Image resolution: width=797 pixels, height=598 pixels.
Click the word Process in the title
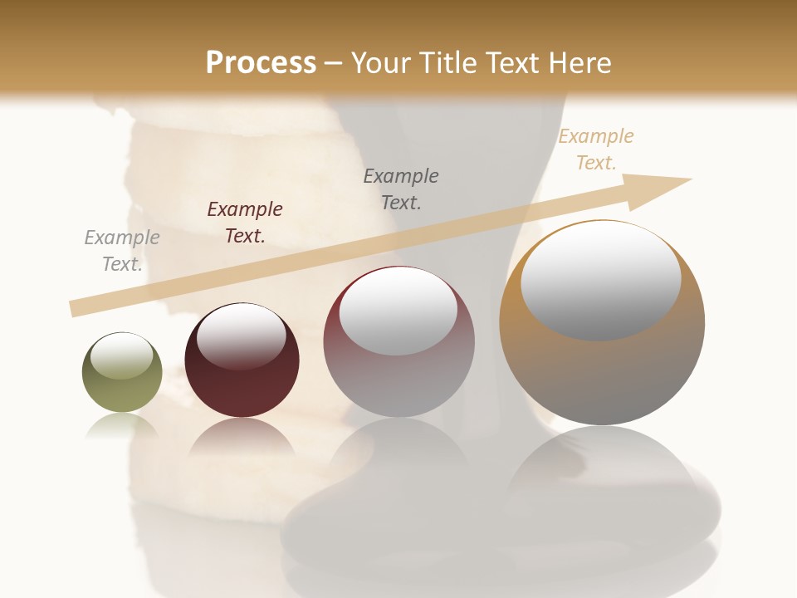click(x=261, y=62)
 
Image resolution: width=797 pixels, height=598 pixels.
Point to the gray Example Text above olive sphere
click(x=122, y=251)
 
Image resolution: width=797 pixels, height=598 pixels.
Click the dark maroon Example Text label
click(x=245, y=223)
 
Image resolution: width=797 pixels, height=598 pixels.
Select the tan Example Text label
click(x=596, y=149)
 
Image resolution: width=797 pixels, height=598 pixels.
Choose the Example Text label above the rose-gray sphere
click(x=401, y=189)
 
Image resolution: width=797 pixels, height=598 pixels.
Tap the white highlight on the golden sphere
click(x=600, y=280)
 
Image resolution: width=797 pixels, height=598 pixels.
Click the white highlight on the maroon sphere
click(x=241, y=336)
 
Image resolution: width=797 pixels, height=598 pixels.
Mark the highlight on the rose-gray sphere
click(x=398, y=311)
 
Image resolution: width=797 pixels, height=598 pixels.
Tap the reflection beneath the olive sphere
click(x=122, y=427)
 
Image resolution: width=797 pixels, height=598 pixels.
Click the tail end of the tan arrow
click(x=76, y=308)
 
